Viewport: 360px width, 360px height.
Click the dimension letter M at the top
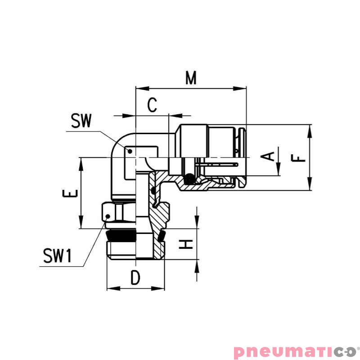192,78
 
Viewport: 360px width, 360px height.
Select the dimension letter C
153,105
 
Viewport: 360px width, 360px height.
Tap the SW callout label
81,121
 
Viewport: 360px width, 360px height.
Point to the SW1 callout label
57,256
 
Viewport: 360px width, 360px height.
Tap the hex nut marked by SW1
118,212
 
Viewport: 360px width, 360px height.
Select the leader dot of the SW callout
130,152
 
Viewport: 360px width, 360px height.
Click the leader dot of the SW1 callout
108,216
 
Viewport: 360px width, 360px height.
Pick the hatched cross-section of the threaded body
158,220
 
